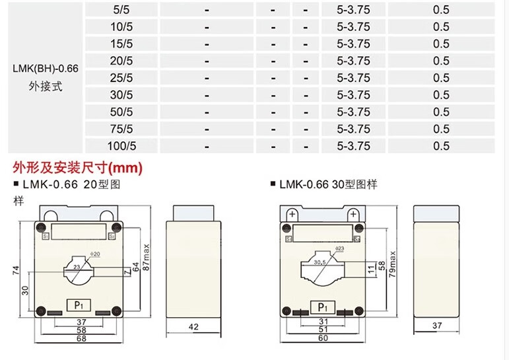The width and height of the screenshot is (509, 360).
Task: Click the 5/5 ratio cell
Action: (x=121, y=10)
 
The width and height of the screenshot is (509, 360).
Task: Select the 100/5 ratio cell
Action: (x=121, y=146)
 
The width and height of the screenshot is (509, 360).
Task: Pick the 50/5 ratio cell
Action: (x=121, y=112)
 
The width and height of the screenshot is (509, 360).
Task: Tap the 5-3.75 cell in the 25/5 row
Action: (x=353, y=78)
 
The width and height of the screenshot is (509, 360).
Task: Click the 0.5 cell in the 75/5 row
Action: (x=441, y=129)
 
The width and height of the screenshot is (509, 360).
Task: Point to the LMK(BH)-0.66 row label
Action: (x=46, y=69)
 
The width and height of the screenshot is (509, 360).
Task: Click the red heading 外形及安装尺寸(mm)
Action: (x=78, y=168)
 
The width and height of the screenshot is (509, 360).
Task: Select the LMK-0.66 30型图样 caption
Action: (x=328, y=184)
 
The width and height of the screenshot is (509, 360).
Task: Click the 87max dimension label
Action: (x=147, y=258)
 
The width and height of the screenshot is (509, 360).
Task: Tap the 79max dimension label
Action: (x=392, y=264)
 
